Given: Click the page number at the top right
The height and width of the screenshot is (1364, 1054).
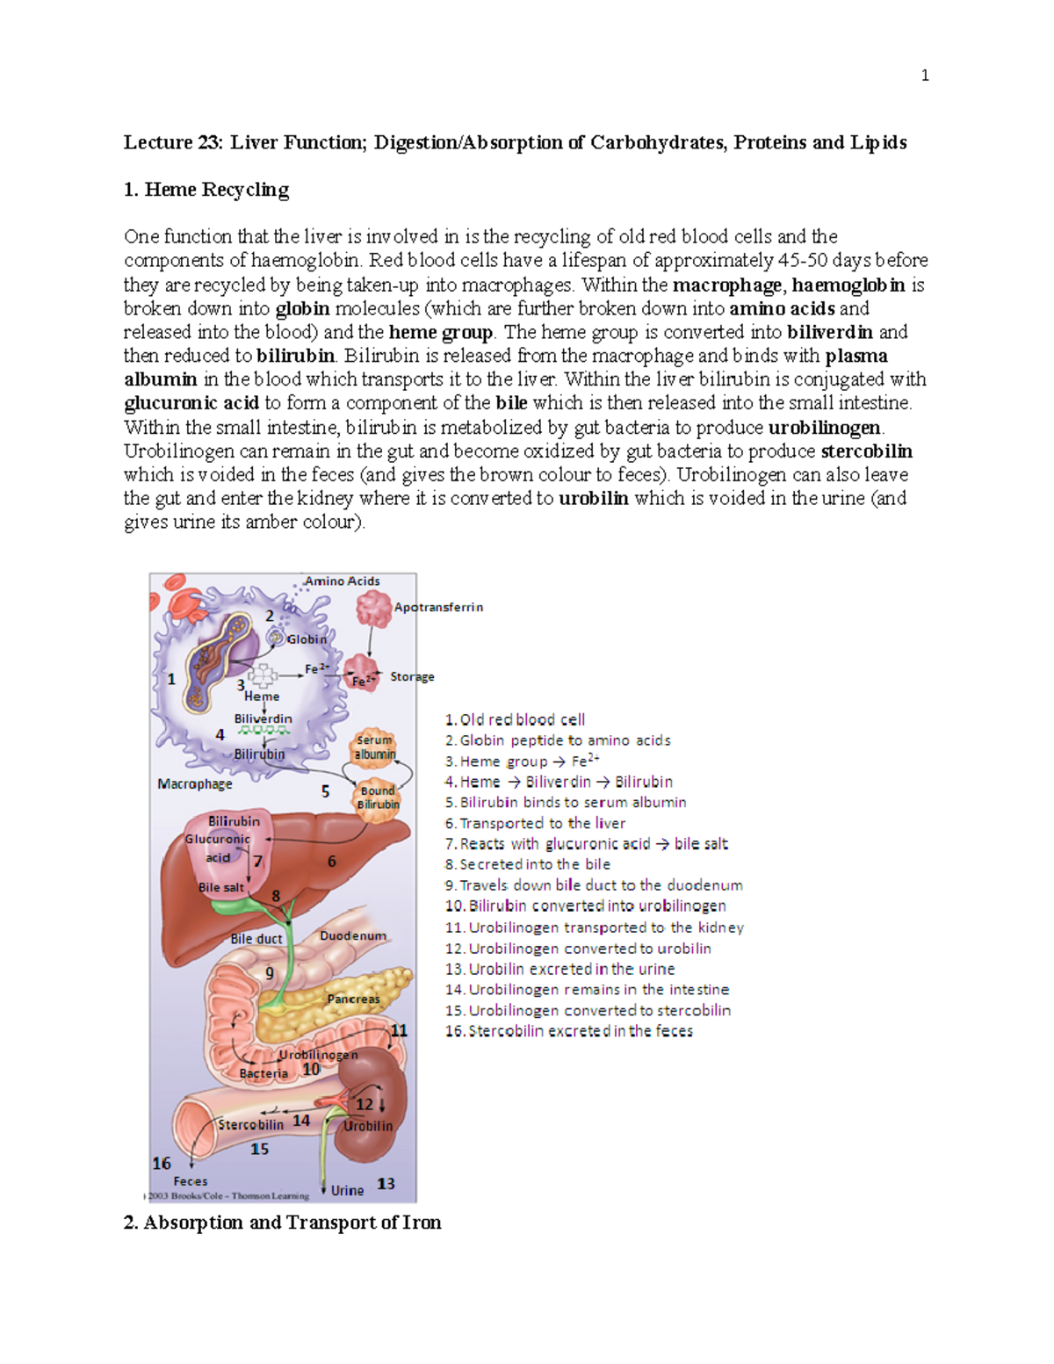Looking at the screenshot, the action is coord(925,76).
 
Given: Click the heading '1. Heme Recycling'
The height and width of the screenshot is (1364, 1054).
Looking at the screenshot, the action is coord(206,190).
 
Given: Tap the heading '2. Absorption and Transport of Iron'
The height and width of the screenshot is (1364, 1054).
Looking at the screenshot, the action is coord(282,1223).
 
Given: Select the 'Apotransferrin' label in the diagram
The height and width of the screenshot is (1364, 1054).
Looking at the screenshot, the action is coord(438,607).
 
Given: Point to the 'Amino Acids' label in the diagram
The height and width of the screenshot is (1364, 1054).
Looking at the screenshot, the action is coord(342,581).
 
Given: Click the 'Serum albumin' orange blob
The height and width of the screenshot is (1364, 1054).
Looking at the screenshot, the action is coord(375,747).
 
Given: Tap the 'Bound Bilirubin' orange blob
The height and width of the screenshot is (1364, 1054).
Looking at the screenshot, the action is coord(378,797).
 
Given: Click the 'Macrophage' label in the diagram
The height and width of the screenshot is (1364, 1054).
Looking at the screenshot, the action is coord(195,784).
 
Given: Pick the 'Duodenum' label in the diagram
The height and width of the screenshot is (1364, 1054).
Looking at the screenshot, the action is coord(353,936).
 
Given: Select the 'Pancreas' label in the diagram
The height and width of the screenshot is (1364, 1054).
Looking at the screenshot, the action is coord(353,999).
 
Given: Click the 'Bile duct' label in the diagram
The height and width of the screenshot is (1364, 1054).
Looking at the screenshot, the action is coord(256,939).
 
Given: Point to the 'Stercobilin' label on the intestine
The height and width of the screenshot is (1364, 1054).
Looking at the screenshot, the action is coord(251,1125).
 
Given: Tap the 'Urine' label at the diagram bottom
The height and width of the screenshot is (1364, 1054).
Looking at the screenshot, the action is coord(347,1191).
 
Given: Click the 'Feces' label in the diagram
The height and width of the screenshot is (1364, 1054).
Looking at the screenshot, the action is coord(191,1181).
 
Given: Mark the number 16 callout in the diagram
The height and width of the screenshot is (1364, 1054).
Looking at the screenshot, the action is coord(162,1164).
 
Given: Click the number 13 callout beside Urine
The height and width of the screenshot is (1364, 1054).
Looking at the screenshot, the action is coord(386,1184).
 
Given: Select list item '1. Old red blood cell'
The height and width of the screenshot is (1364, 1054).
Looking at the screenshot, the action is coord(515,720).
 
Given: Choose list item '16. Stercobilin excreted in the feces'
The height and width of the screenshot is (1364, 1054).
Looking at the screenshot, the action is coord(569,1031).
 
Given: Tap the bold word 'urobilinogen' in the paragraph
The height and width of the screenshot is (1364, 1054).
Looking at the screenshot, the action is coord(825,428).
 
